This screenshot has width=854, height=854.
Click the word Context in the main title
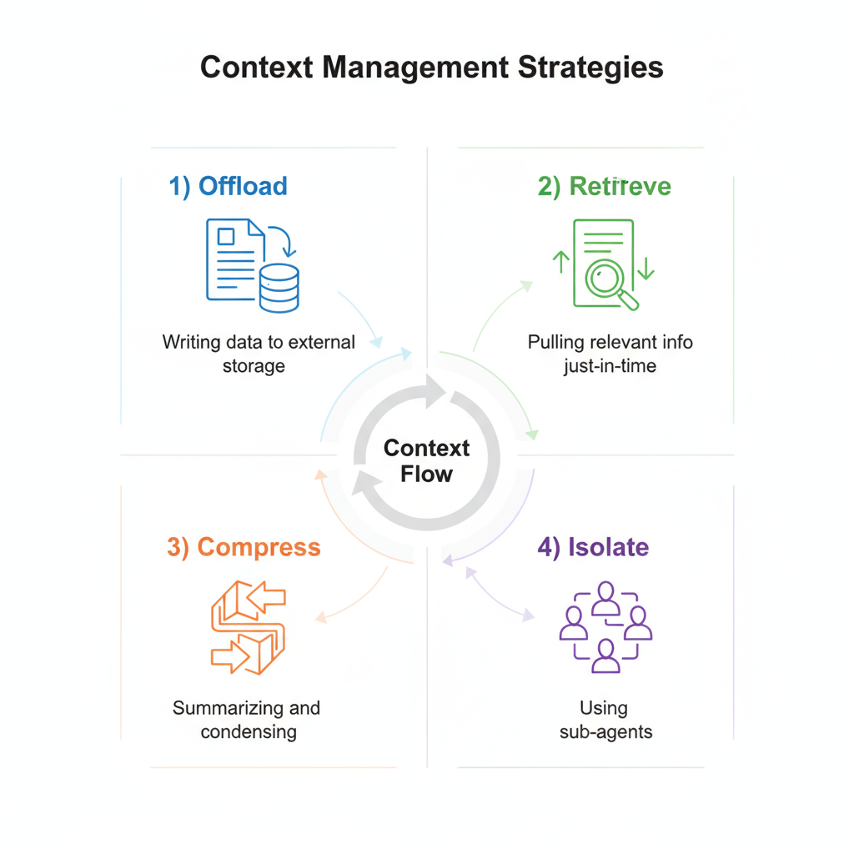[256, 67]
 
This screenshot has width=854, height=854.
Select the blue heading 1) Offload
[228, 185]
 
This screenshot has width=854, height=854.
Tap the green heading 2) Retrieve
[604, 185]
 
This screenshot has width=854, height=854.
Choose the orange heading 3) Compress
[244, 547]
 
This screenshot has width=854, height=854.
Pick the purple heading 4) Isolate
[592, 547]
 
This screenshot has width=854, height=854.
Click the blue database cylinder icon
[279, 288]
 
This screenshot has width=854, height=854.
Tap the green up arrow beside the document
[561, 262]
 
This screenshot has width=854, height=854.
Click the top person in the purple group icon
[605, 597]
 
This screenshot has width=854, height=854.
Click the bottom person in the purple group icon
[605, 656]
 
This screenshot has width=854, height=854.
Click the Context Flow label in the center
[426, 461]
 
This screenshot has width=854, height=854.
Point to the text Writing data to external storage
[259, 354]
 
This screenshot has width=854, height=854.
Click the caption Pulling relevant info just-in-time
[610, 354]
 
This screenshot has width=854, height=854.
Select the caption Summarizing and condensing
[247, 720]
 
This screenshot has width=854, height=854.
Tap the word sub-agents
[604, 732]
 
